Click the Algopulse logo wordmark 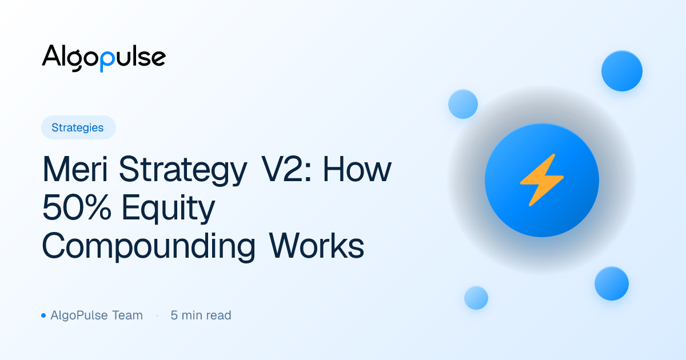pyautogui.click(x=104, y=58)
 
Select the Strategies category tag pyautogui.click(x=78, y=127)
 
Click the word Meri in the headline pyautogui.click(x=75, y=170)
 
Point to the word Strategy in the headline pyautogui.click(x=183, y=171)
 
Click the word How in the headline pyautogui.click(x=357, y=169)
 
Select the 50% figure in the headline pyautogui.click(x=77, y=207)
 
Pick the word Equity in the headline pyautogui.click(x=169, y=209)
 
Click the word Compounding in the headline pyautogui.click(x=148, y=247)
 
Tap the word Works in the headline pyautogui.click(x=317, y=246)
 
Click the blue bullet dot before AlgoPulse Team pyautogui.click(x=43, y=315)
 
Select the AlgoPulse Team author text pyautogui.click(x=97, y=315)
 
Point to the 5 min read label pyautogui.click(x=201, y=315)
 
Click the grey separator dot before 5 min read pyautogui.click(x=157, y=315)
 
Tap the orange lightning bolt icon pyautogui.click(x=542, y=180)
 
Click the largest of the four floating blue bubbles pyautogui.click(x=622, y=71)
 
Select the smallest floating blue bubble pyautogui.click(x=476, y=298)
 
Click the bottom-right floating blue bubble pyautogui.click(x=612, y=283)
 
